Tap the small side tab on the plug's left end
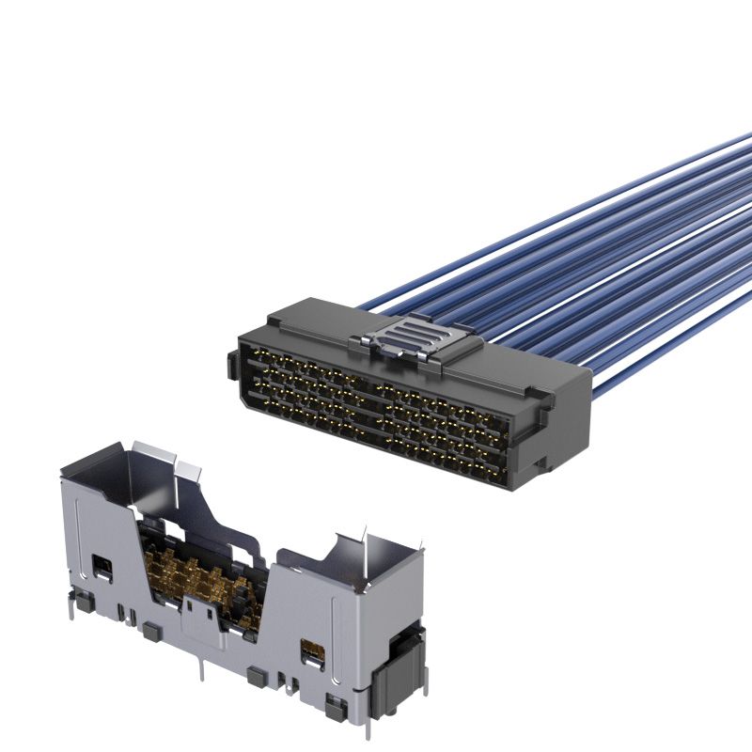pyautogui.click(x=231, y=367)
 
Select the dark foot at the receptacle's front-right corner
pyautogui.click(x=332, y=701)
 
